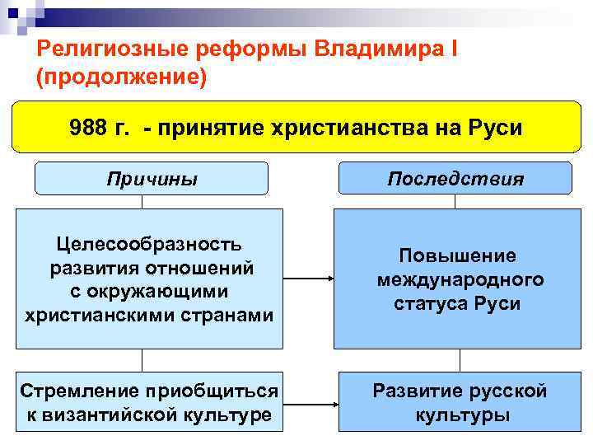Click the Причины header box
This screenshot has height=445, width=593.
(x=152, y=179)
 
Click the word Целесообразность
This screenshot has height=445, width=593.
(x=149, y=244)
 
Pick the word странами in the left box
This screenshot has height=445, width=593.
(x=230, y=315)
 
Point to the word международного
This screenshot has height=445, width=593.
(x=460, y=279)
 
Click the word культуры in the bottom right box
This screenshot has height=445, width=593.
(x=461, y=415)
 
